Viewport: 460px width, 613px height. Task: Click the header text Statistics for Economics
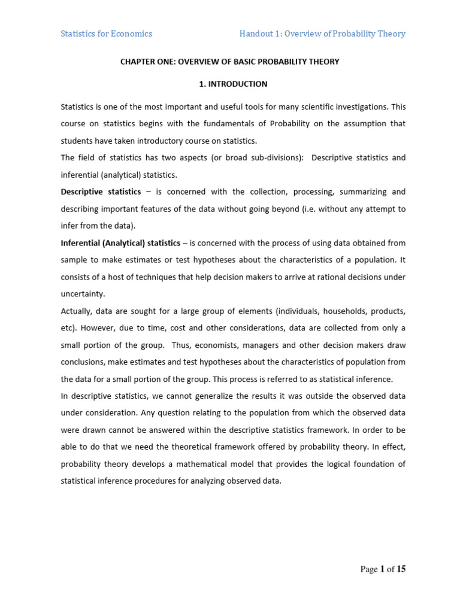[x=107, y=34]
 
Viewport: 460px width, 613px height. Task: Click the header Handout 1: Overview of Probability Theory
[x=322, y=34]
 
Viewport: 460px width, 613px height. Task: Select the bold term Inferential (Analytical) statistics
[x=120, y=243]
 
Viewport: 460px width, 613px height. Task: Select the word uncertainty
[x=83, y=294]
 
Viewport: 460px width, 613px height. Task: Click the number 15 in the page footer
[x=400, y=569]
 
